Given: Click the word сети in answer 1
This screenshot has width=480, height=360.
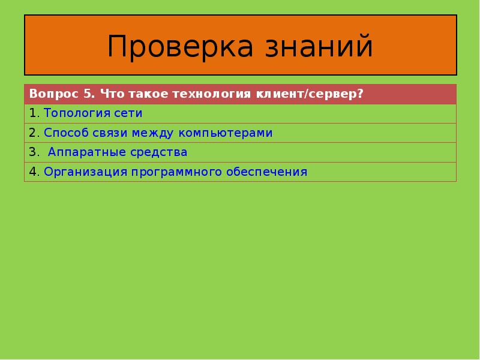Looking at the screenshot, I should pos(127,113).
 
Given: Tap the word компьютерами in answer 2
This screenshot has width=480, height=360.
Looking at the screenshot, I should pos(232,133).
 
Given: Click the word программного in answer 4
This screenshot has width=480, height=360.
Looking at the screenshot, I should pos(177,172).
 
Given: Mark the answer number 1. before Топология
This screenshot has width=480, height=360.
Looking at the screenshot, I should pos(34,113).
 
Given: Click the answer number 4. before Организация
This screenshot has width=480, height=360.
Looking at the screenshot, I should pos(34,172).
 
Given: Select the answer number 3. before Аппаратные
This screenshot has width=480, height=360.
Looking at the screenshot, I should pos(34,152).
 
